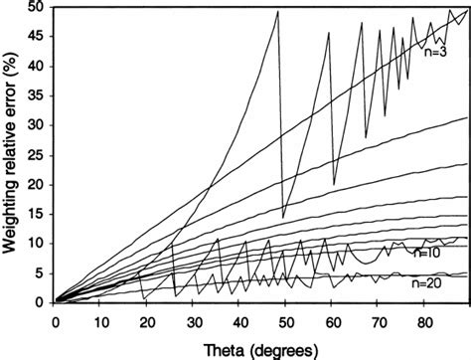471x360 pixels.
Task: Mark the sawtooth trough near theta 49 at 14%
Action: point(283,217)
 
